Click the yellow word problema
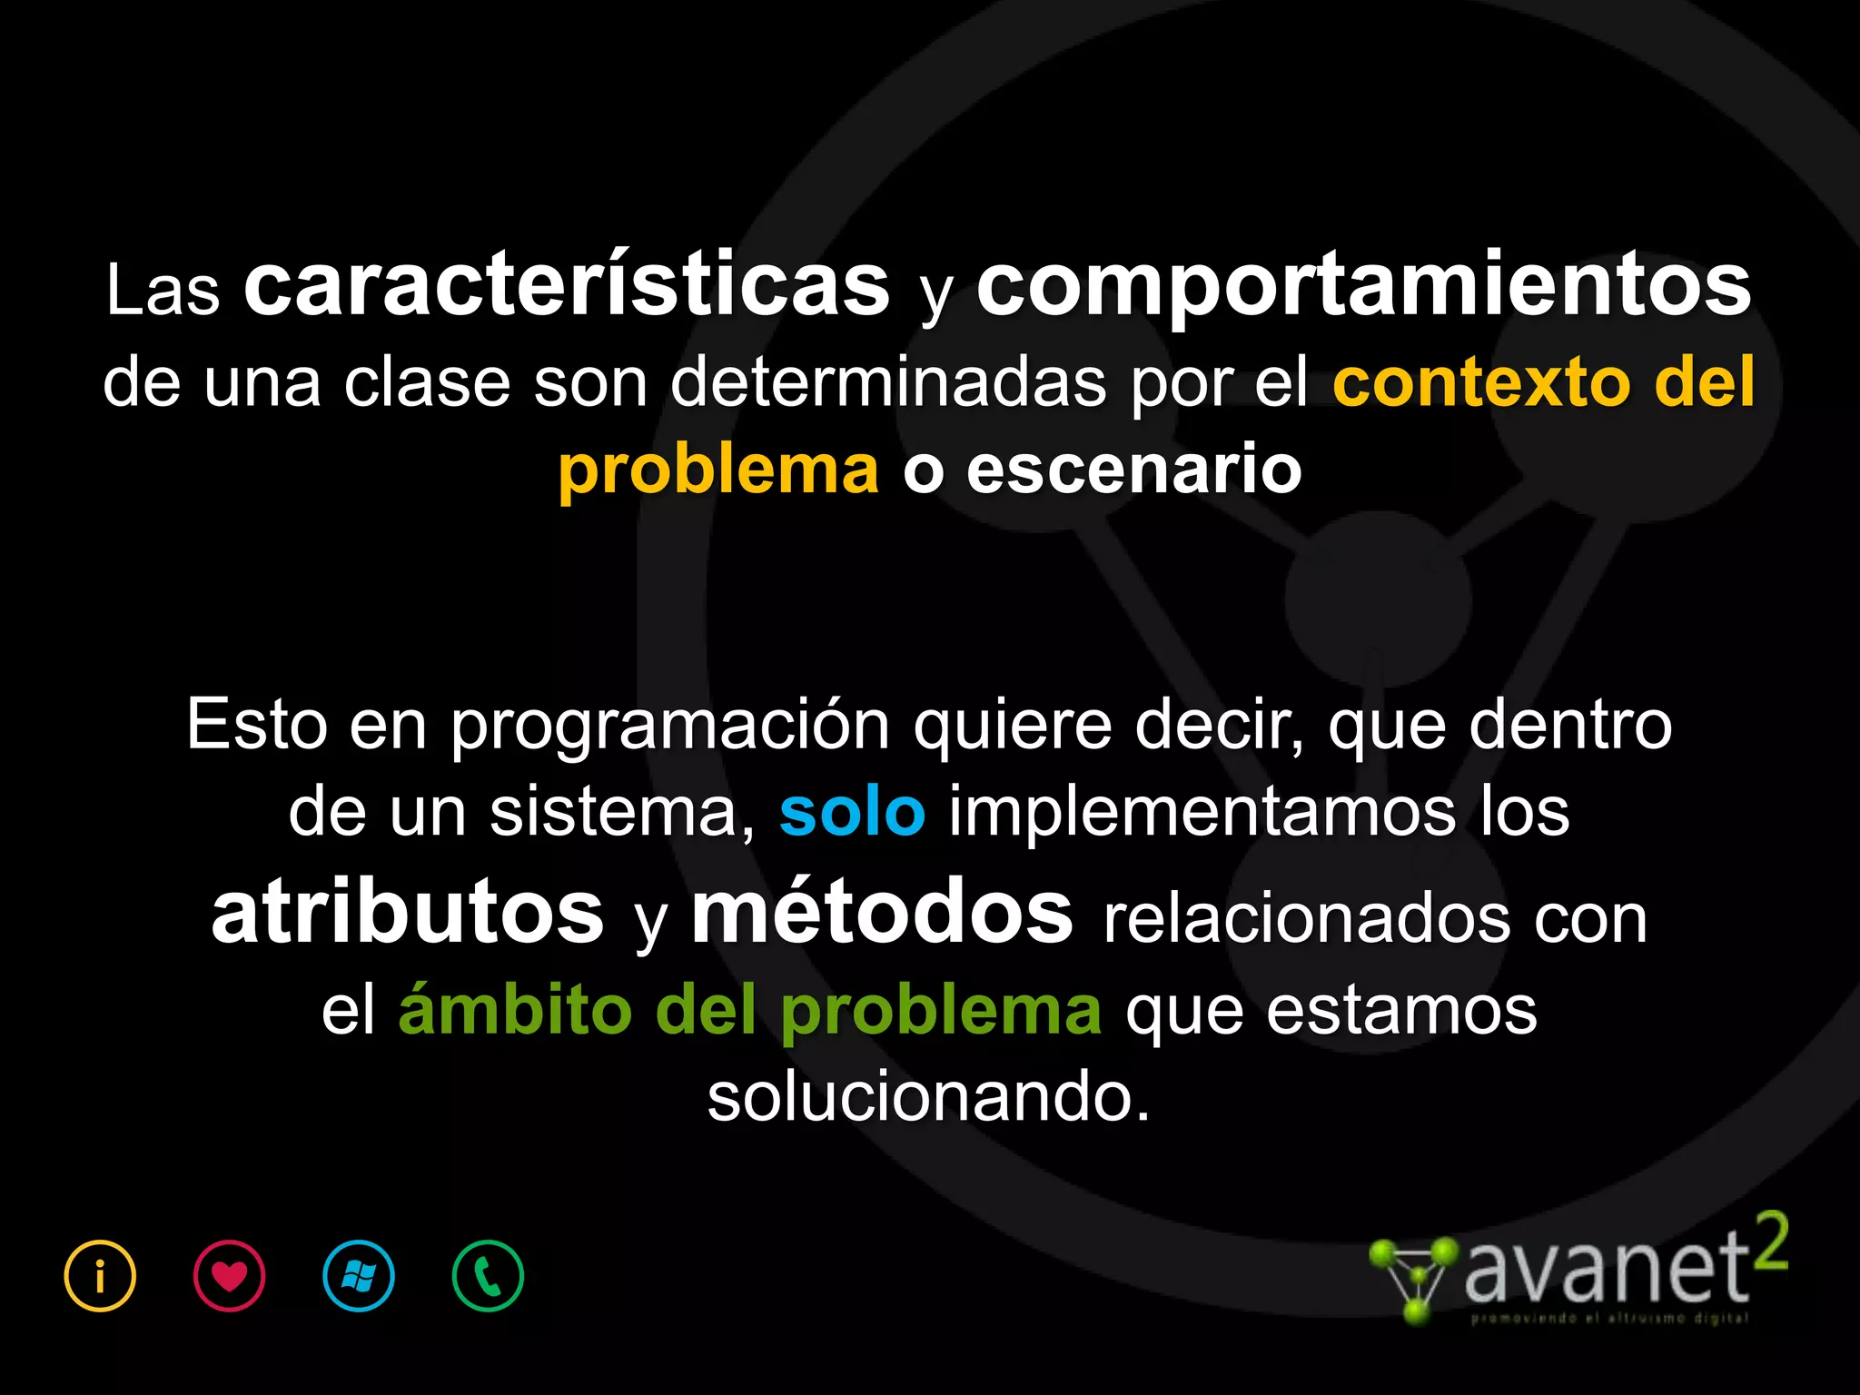pyautogui.click(x=718, y=470)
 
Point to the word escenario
pyautogui.click(x=1133, y=470)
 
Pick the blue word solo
pyautogui.click(x=852, y=813)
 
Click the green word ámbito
pyautogui.click(x=515, y=1010)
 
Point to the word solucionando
pyautogui.click(x=928, y=1098)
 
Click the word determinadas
pyautogui.click(x=888, y=382)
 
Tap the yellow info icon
pyautogui.click(x=100, y=1276)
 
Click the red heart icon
pyautogui.click(x=229, y=1276)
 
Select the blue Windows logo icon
pyautogui.click(x=359, y=1276)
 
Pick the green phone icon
pyautogui.click(x=488, y=1276)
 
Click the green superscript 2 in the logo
pyautogui.click(x=1770, y=1242)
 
